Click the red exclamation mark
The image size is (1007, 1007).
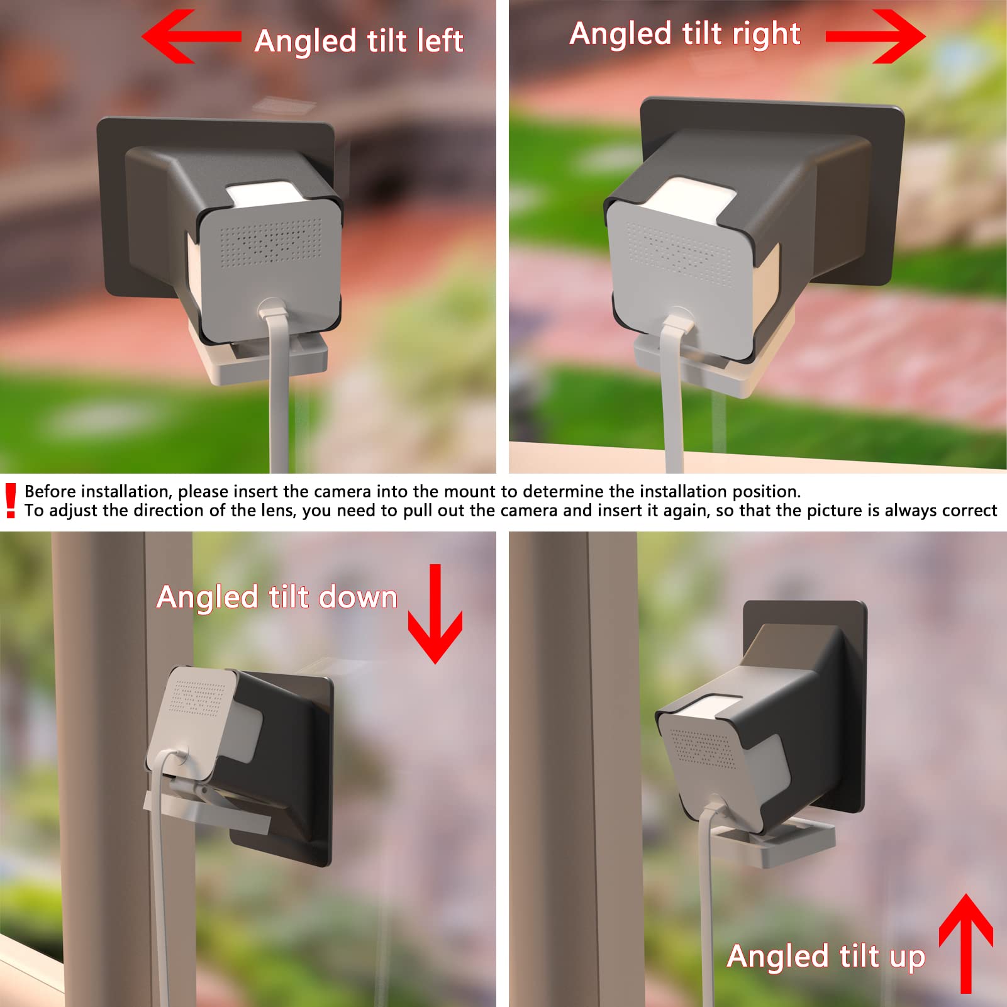click(x=10, y=501)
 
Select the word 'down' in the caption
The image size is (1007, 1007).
click(x=358, y=597)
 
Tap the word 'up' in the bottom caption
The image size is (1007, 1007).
click(x=907, y=957)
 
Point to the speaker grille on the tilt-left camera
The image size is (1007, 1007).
click(x=270, y=243)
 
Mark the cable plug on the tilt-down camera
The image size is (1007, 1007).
click(x=177, y=754)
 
